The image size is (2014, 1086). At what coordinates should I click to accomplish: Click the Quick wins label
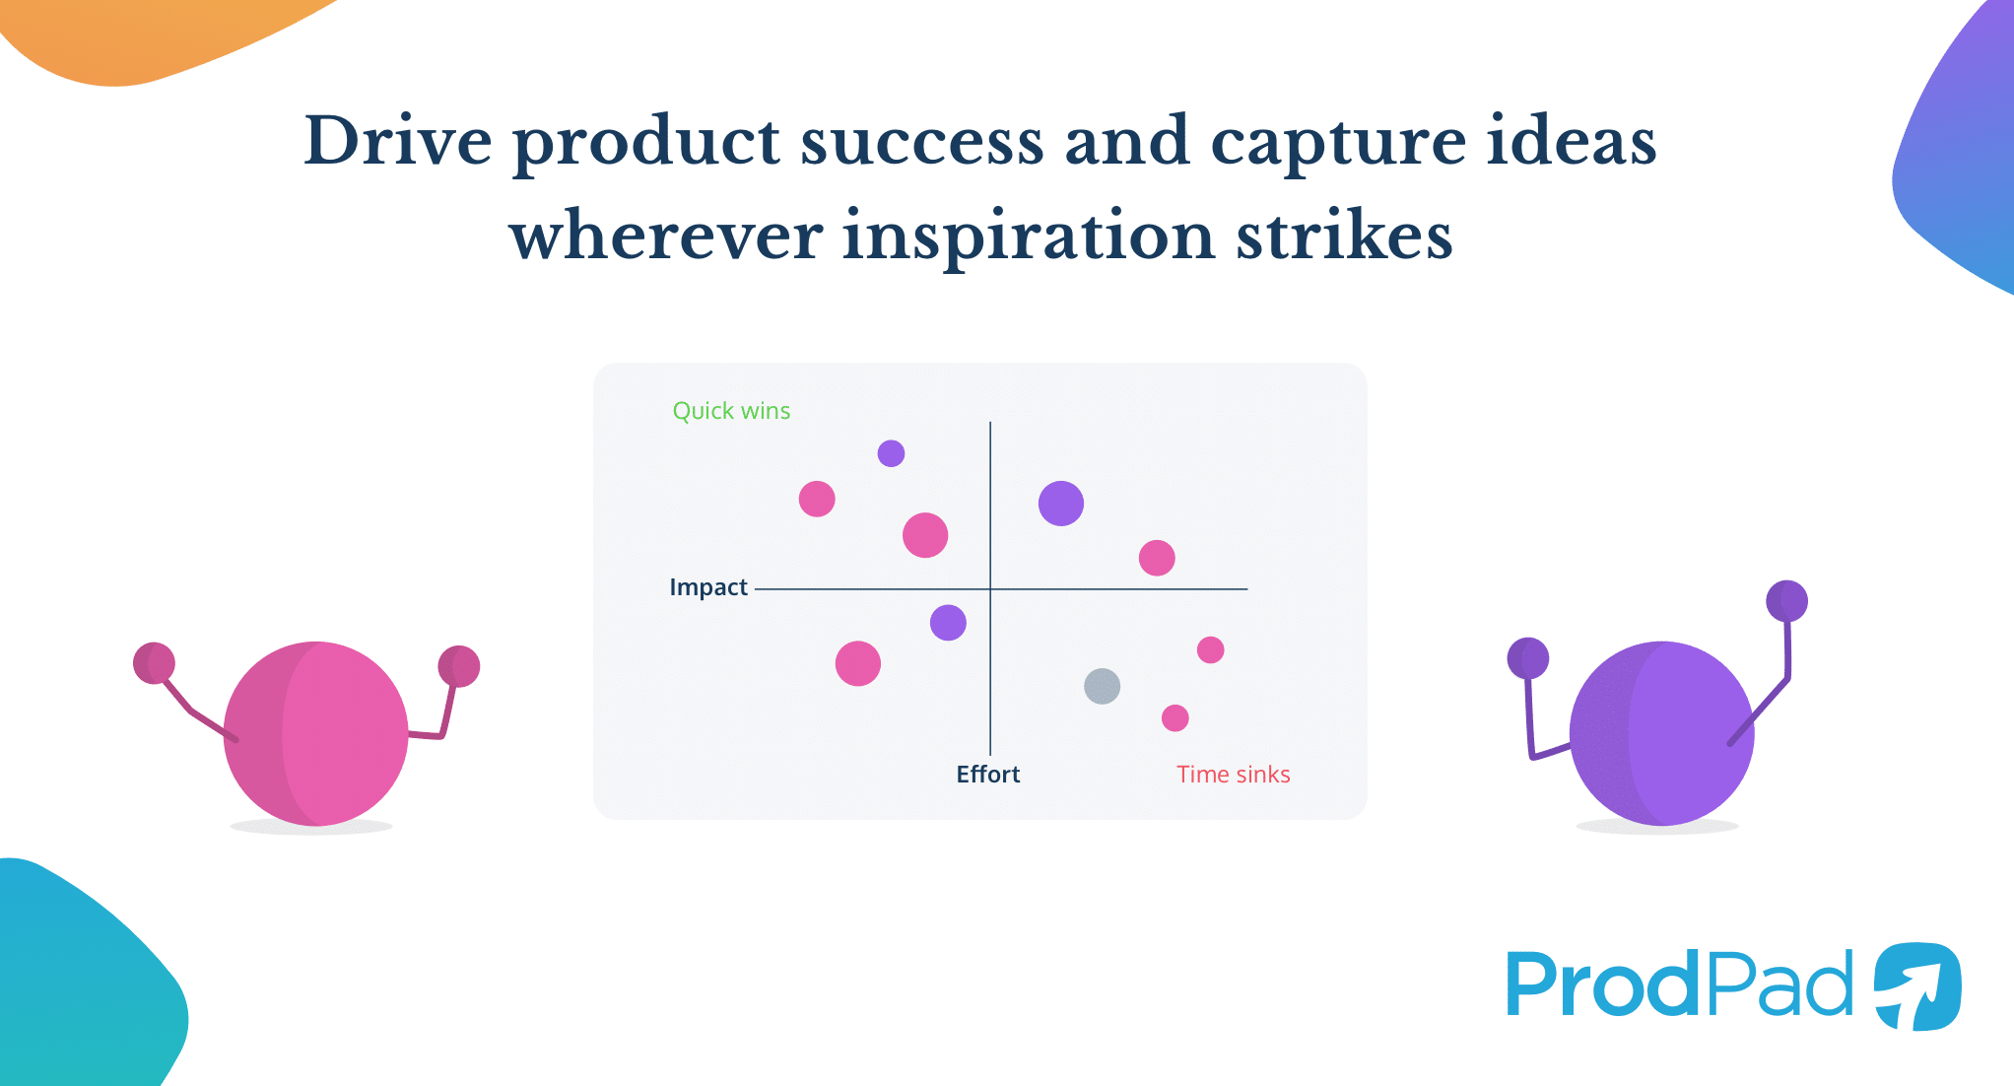(x=731, y=411)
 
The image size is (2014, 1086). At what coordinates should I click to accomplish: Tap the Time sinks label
(x=1233, y=775)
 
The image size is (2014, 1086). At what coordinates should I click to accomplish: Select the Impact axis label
(x=708, y=587)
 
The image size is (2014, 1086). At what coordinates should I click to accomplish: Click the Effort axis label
(x=987, y=775)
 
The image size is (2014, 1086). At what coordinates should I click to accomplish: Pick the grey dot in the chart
(x=1102, y=686)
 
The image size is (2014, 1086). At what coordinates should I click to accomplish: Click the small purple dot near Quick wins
(x=891, y=453)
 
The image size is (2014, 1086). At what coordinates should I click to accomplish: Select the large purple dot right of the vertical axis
(x=1060, y=504)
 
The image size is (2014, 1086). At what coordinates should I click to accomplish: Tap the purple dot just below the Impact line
(x=948, y=623)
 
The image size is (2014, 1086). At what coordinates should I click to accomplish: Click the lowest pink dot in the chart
(x=1175, y=717)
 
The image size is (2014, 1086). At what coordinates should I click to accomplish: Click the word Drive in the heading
(x=397, y=141)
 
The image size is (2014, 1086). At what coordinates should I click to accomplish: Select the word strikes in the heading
(x=1344, y=237)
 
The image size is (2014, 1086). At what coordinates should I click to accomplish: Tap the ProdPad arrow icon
(x=1916, y=985)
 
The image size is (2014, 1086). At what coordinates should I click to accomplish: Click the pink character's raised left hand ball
(x=154, y=663)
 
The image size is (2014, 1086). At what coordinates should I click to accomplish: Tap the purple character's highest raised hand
(x=1786, y=601)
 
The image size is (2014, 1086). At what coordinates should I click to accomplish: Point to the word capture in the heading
(x=1337, y=141)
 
